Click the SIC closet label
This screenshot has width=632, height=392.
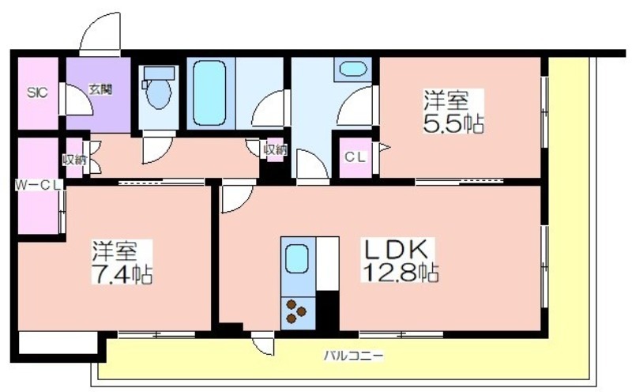(x=37, y=92)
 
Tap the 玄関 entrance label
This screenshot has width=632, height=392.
(x=100, y=89)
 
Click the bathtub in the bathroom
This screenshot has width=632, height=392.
(x=209, y=93)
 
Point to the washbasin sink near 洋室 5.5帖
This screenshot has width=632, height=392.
(x=353, y=68)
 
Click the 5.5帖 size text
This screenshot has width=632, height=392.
(x=453, y=123)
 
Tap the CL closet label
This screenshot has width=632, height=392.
(x=355, y=157)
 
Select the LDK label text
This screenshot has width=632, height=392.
(x=396, y=250)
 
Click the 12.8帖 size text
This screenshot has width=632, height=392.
(x=401, y=273)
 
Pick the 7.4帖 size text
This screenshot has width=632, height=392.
(x=122, y=276)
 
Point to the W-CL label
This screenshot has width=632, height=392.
(x=38, y=185)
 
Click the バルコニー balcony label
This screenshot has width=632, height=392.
(x=354, y=356)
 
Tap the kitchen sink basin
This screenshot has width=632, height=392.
(x=297, y=259)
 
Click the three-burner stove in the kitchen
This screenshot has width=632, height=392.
(x=295, y=311)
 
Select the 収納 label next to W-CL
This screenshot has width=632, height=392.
(x=74, y=160)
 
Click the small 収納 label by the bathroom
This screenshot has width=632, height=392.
(x=275, y=150)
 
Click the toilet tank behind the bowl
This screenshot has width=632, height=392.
(x=160, y=73)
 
